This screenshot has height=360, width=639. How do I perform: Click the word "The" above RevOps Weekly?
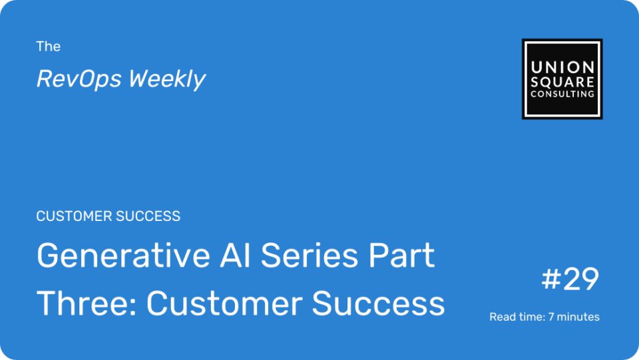(x=48, y=47)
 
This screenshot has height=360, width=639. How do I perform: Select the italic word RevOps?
(x=79, y=79)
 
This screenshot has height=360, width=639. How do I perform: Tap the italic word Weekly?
(x=167, y=79)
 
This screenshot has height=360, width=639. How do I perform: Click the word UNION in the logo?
(x=562, y=67)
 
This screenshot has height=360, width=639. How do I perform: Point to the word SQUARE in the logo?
(x=562, y=82)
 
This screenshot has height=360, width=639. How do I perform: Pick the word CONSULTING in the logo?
(x=562, y=94)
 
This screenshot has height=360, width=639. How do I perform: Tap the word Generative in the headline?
(x=124, y=256)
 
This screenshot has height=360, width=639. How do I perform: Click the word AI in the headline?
(x=235, y=256)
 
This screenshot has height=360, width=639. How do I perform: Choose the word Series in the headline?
(x=310, y=256)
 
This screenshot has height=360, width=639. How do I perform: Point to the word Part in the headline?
(x=401, y=256)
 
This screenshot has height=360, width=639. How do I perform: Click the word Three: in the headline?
(x=87, y=303)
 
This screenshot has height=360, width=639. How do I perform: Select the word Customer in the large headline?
(x=224, y=303)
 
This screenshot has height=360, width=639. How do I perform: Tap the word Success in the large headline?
(x=378, y=303)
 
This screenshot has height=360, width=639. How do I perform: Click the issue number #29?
(x=570, y=279)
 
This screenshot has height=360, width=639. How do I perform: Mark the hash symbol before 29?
(x=551, y=279)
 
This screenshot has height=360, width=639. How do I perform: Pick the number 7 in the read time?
(x=550, y=317)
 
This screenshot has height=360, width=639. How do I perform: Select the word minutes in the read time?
(x=578, y=317)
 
